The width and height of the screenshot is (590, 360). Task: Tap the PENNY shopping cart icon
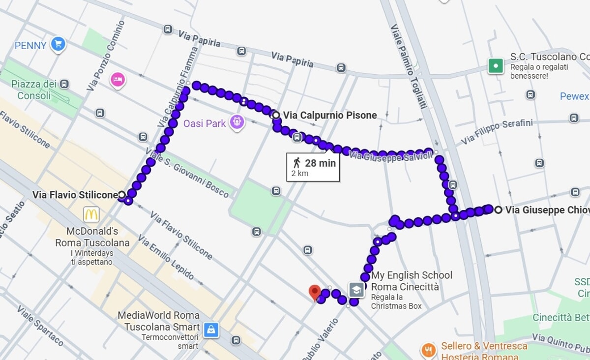58,45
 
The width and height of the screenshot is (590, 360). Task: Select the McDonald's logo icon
91,214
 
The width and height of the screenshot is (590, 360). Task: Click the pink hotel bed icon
118,79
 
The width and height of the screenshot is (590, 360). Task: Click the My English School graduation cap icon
356,290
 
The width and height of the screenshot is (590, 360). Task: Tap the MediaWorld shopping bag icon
211,330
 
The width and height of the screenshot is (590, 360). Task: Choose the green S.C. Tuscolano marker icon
496,65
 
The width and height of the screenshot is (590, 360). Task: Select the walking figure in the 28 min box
296,163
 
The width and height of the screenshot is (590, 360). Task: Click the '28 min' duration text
320,163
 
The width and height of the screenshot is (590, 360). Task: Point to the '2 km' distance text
300,174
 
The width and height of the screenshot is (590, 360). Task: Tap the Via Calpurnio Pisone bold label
329,116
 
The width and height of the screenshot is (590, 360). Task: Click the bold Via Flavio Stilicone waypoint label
75,195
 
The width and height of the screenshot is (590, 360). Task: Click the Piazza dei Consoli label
33,90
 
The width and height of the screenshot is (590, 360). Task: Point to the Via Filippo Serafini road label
497,132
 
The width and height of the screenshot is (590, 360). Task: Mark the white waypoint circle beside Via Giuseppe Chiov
498,210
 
